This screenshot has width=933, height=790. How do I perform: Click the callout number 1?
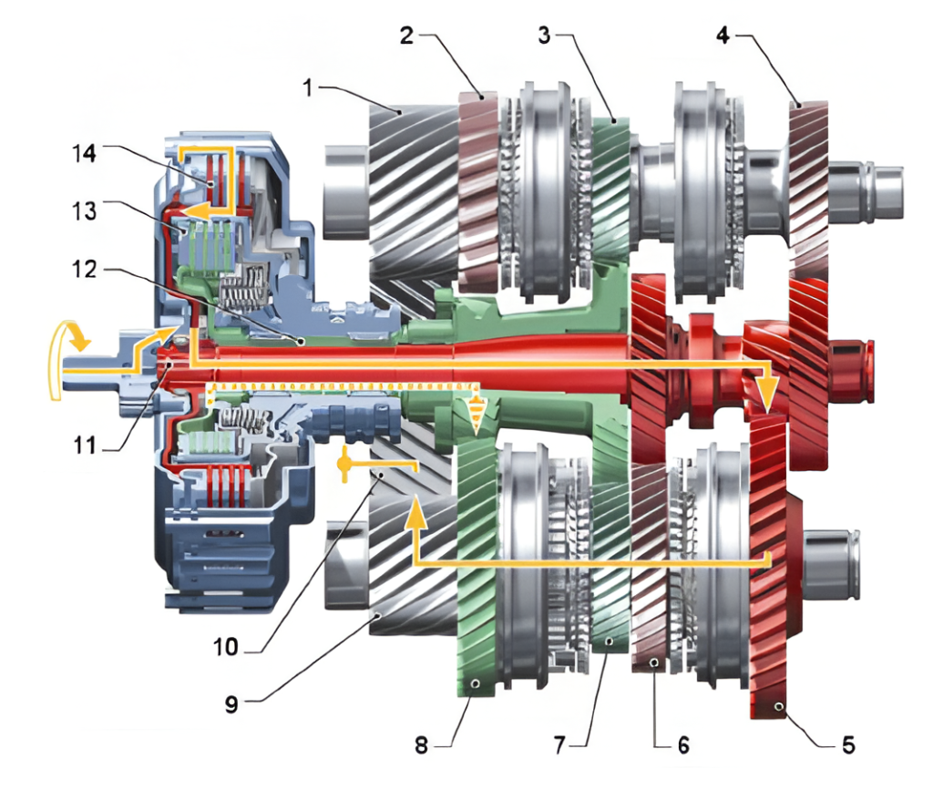(309, 87)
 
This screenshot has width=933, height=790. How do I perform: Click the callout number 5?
(847, 746)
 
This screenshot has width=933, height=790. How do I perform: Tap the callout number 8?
(421, 746)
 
